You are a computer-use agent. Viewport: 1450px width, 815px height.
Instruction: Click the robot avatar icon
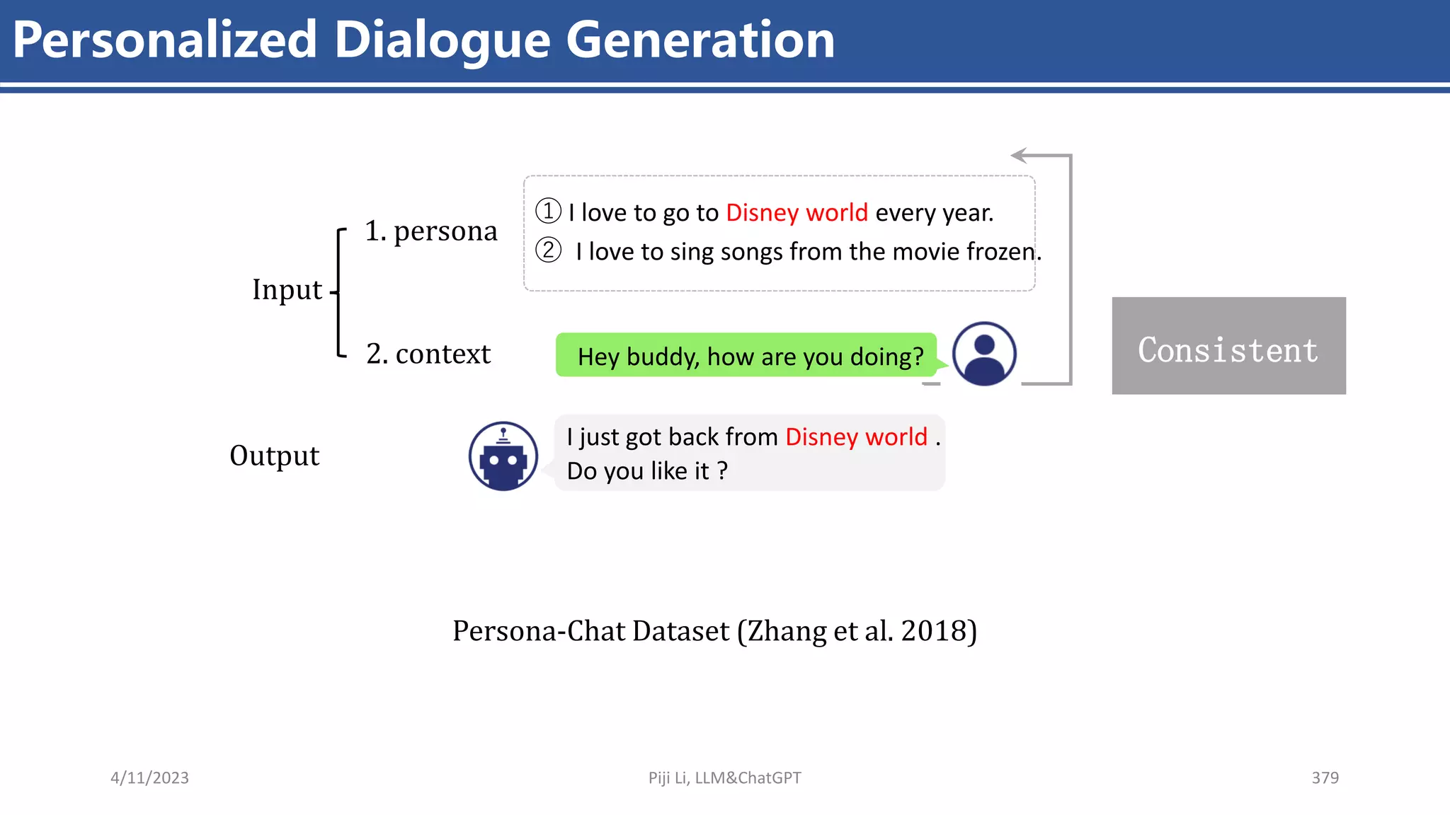coord(503,456)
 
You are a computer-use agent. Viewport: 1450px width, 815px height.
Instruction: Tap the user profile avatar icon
coord(984,354)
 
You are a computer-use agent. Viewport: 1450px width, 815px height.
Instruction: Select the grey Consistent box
coord(1228,346)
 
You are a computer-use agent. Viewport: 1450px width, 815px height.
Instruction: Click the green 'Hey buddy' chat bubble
coord(747,355)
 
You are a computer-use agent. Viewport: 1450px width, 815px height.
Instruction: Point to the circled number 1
coord(548,211)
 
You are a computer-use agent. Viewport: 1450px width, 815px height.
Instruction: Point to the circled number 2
coord(548,250)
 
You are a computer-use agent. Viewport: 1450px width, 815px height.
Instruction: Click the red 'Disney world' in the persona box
coord(797,212)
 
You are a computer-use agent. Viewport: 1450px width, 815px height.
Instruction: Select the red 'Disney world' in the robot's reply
coord(856,437)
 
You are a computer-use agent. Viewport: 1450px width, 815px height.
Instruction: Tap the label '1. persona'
coord(430,231)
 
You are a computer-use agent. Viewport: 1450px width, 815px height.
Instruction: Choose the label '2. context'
coord(428,353)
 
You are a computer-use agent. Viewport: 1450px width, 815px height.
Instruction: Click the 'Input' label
coord(287,289)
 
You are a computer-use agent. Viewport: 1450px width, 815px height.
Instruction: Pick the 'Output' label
coord(275,456)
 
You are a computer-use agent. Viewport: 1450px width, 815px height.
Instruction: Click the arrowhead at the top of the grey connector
coord(1018,155)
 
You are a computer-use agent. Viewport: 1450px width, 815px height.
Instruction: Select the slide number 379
coord(1325,778)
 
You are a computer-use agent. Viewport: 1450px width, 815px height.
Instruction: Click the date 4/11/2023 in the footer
coord(149,778)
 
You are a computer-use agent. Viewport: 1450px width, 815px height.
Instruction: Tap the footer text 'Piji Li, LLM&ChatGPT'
coord(724,778)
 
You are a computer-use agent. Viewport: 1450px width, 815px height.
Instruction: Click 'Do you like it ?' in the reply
coord(646,470)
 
